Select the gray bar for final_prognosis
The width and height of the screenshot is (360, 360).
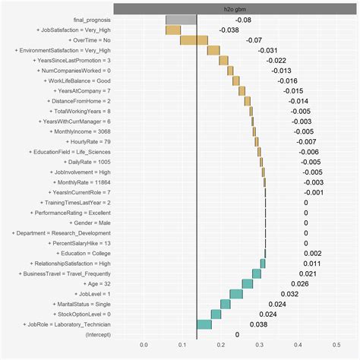181,19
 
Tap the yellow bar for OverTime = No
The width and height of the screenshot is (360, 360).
194,39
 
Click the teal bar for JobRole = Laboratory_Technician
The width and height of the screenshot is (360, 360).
204,324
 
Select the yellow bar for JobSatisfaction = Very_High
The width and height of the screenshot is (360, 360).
173,30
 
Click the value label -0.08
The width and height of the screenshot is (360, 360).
244,19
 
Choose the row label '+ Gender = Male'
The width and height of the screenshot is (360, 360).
89,223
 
